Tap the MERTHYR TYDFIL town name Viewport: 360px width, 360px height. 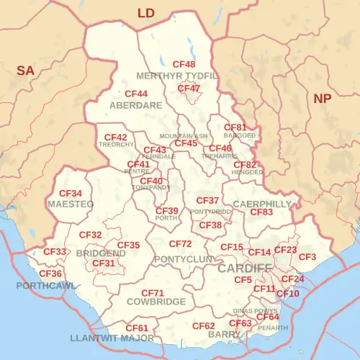177,76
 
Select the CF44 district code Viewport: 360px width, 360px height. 136,94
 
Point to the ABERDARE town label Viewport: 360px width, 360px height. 136,105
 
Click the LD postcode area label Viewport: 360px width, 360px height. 146,13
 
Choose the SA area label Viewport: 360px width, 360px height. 26,70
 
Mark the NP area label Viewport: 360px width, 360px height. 322,99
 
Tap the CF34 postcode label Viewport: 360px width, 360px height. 71,194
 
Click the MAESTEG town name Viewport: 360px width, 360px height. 71,204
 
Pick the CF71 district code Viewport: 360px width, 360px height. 153,293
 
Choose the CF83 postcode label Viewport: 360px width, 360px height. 261,212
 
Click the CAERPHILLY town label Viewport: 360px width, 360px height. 262,204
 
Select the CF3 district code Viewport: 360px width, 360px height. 307,257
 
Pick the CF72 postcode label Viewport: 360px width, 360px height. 181,245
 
